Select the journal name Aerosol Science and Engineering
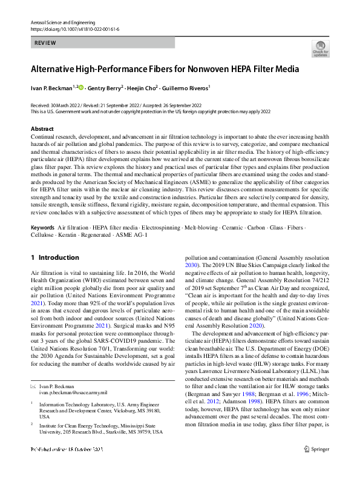tap(59, 21)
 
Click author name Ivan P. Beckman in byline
tap(51, 87)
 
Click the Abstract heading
tap(42, 129)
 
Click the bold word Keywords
tap(43, 226)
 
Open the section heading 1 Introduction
tap(55, 257)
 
